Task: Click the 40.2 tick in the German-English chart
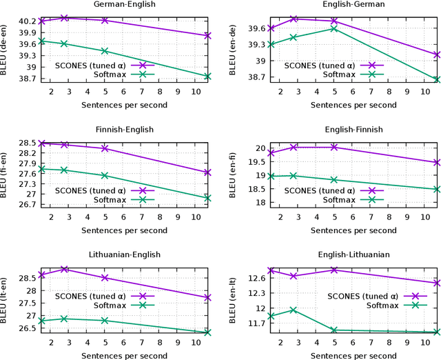pyautogui.click(x=25, y=21)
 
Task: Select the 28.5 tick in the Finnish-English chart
pyautogui.click(x=25, y=143)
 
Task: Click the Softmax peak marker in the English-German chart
pyautogui.click(x=334, y=28)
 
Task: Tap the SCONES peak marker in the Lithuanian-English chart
pyautogui.click(x=64, y=269)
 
